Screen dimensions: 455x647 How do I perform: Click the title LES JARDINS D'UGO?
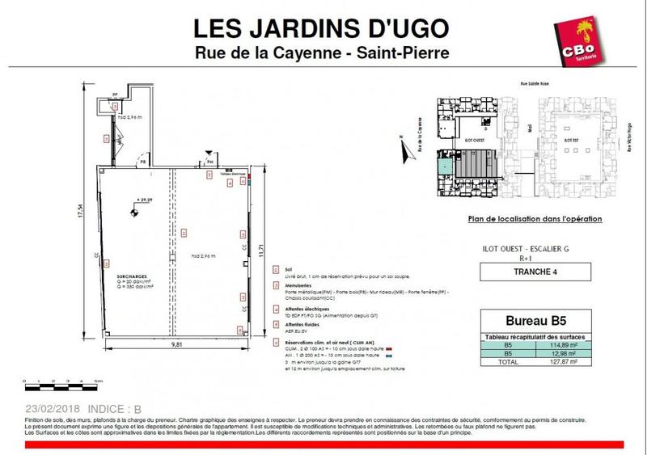pos(322,27)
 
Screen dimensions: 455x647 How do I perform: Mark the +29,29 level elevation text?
pos(145,197)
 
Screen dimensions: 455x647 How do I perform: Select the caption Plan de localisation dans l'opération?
pos(535,219)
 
